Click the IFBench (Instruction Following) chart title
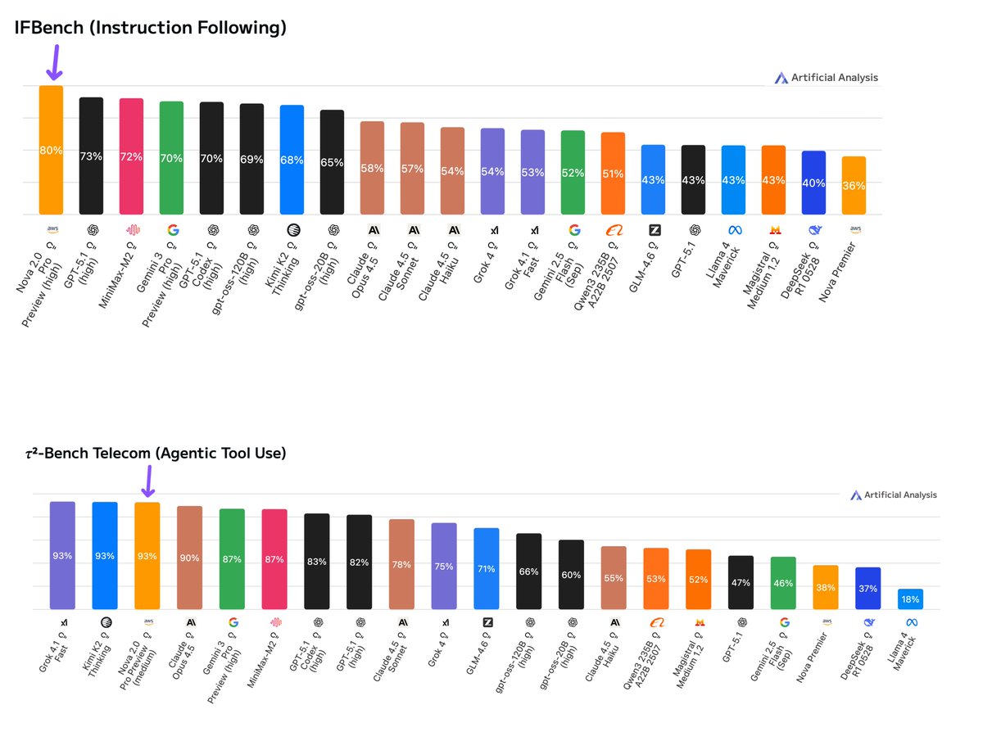[x=150, y=29]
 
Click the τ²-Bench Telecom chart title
[x=156, y=453]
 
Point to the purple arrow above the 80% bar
[x=54, y=63]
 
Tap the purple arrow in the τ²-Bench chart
[x=147, y=481]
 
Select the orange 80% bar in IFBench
[x=51, y=150]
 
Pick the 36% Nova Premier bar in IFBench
[x=854, y=186]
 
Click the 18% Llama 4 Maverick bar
[x=910, y=599]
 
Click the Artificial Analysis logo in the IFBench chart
[x=826, y=78]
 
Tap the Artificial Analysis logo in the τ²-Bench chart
[x=893, y=495]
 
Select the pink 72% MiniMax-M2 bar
[x=131, y=156]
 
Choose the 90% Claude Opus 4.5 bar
[x=189, y=558]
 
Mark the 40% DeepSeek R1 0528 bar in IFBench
[x=813, y=183]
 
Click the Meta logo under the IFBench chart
[x=733, y=230]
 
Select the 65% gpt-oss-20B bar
[x=332, y=162]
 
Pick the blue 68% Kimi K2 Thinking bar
[x=292, y=160]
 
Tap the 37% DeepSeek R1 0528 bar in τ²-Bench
[x=868, y=589]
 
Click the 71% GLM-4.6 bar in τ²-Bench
[x=487, y=568]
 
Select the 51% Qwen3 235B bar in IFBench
[x=613, y=174]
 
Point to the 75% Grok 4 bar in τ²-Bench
[x=444, y=566]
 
